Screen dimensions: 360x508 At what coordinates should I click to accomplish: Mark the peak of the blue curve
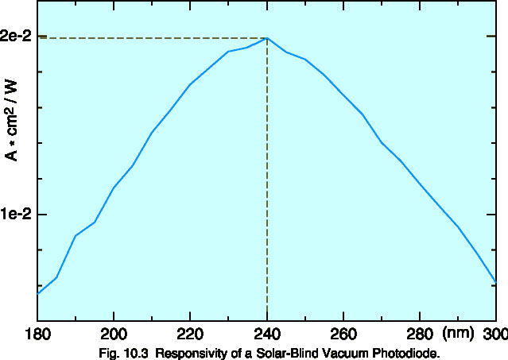pos(267,38)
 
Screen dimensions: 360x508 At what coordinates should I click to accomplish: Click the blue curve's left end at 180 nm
pos(38,293)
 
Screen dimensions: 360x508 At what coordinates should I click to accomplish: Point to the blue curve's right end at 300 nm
pos(495,281)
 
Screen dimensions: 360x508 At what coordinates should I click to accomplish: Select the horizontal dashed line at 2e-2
pos(151,38)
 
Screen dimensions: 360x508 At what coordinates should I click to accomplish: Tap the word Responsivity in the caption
pos(184,351)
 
